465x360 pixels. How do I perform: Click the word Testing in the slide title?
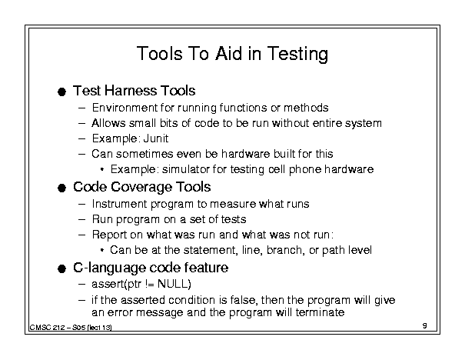pyautogui.click(x=297, y=54)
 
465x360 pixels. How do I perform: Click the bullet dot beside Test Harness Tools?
pyautogui.click(x=61, y=92)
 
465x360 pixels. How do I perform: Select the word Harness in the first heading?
pyautogui.click(x=130, y=91)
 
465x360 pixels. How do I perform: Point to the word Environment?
pyautogui.click(x=125, y=108)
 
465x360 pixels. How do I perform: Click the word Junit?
pyautogui.click(x=156, y=138)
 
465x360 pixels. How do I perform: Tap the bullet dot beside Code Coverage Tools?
pyautogui.click(x=61, y=188)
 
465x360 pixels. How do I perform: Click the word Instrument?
pyautogui.click(x=119, y=204)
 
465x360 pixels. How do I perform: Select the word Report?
pyautogui.click(x=109, y=235)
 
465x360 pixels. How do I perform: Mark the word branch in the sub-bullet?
pyautogui.click(x=285, y=250)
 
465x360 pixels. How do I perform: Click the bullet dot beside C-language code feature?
pyautogui.click(x=61, y=269)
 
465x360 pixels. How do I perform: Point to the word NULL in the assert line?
pyautogui.click(x=173, y=284)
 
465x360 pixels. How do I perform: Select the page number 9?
pyautogui.click(x=425, y=325)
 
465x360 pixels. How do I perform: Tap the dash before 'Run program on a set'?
pyautogui.click(x=81, y=220)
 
